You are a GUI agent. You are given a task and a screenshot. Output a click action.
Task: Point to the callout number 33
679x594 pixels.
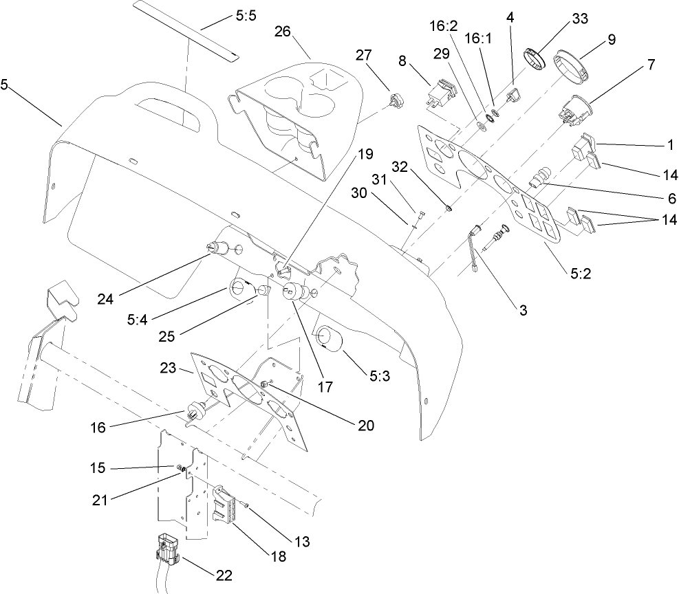pyautogui.click(x=579, y=19)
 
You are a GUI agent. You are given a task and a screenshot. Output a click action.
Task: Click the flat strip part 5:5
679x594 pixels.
pyautogui.click(x=186, y=31)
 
